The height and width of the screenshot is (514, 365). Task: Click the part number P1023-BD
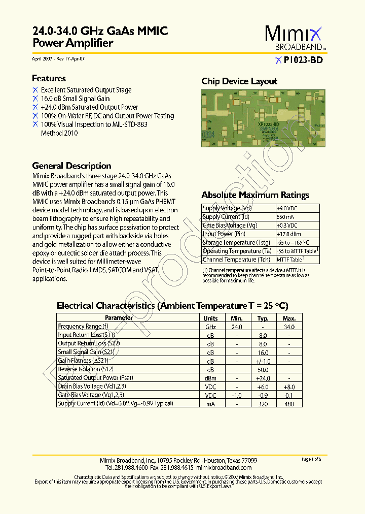pos(303,60)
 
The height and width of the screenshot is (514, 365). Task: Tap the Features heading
pos(49,78)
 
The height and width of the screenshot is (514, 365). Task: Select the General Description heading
pos(71,166)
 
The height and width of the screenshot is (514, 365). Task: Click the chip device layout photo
pos(261,118)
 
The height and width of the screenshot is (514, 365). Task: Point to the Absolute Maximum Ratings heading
pos(255,195)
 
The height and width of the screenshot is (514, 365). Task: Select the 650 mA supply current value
pos(285,217)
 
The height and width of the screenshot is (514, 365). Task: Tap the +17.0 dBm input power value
pos(288,234)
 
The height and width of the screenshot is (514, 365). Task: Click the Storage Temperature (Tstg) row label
pos(236,242)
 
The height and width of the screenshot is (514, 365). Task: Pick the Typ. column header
pos(263,318)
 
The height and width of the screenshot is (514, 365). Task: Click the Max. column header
pos(289,318)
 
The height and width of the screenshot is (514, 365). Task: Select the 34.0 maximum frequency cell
pos(289,327)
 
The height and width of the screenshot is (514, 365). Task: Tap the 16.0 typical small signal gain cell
pos(263,352)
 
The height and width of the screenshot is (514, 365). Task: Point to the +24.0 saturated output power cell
pos(263,378)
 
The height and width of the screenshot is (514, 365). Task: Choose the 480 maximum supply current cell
pos(289,404)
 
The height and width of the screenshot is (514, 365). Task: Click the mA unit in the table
pos(210,404)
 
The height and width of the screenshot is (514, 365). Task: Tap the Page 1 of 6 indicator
pos(311,459)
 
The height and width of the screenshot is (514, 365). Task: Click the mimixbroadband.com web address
pos(224,467)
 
